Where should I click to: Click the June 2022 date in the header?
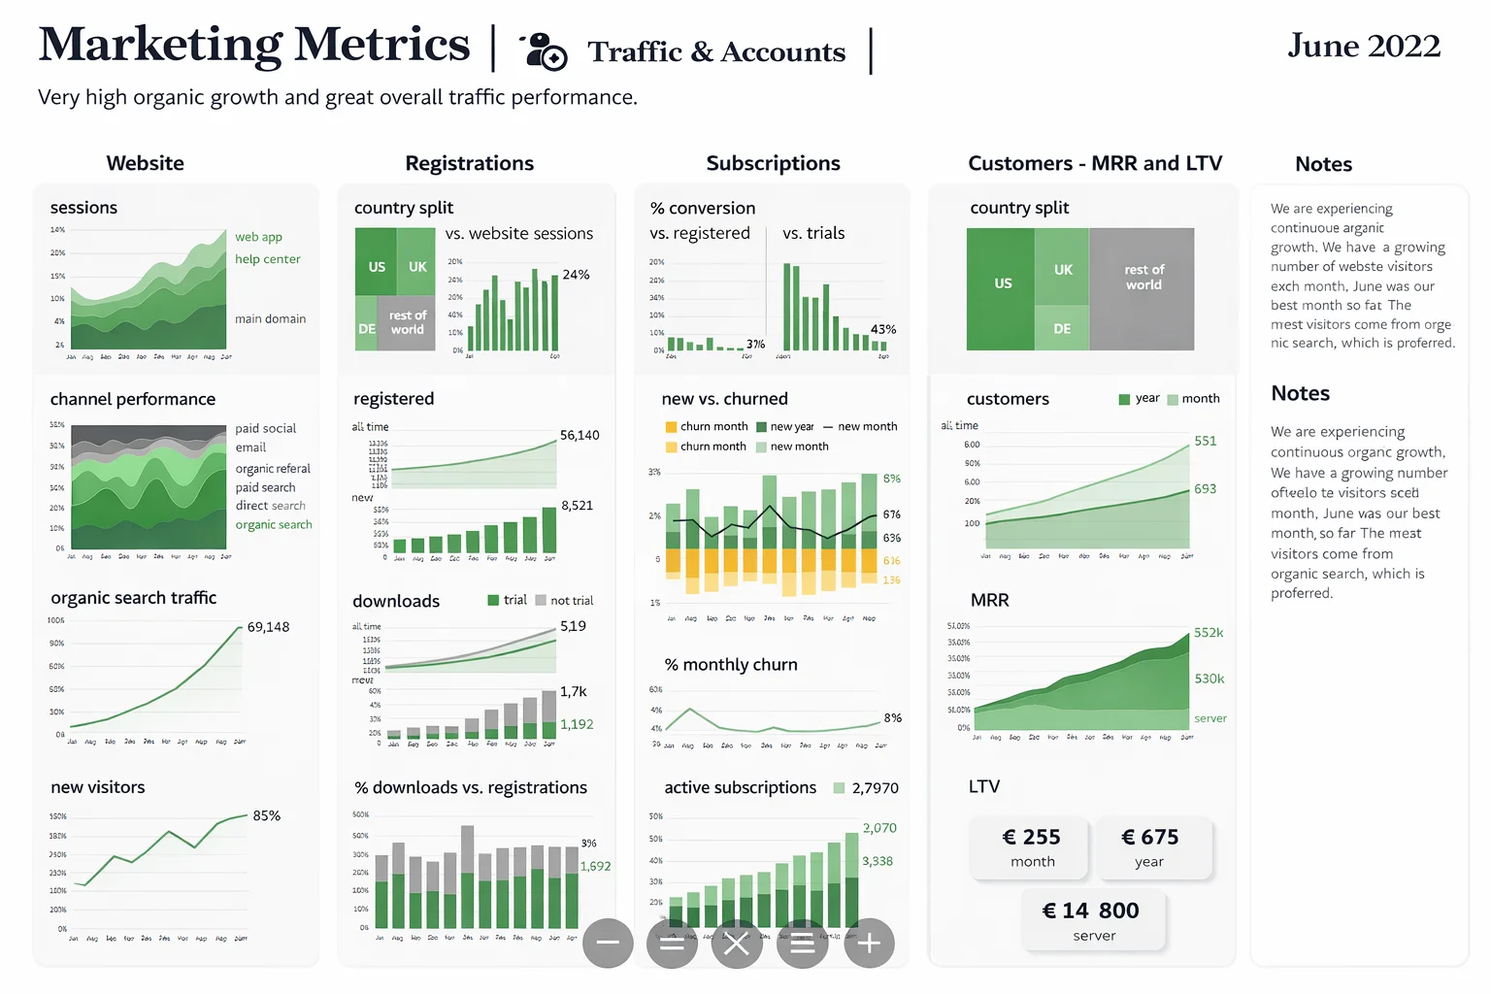(x=1363, y=46)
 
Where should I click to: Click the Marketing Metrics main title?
(x=254, y=45)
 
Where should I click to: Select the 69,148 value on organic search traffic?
(x=268, y=627)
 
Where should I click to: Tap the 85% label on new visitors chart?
(x=266, y=815)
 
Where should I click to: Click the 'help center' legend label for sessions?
(x=267, y=259)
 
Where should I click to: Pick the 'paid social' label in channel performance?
(x=265, y=428)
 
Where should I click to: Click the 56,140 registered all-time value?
(x=580, y=435)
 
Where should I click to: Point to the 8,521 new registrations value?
(x=577, y=505)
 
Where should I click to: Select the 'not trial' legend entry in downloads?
(x=564, y=600)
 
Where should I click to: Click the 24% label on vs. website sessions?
(x=576, y=275)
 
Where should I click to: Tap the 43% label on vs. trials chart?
(x=883, y=329)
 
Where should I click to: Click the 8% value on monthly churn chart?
(x=892, y=717)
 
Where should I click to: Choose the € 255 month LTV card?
(x=1031, y=847)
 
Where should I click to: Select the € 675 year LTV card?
(x=1150, y=847)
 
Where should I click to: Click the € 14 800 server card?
(x=1092, y=920)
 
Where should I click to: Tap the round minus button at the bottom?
(x=608, y=943)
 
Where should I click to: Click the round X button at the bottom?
(x=737, y=943)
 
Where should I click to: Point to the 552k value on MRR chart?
(x=1209, y=632)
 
